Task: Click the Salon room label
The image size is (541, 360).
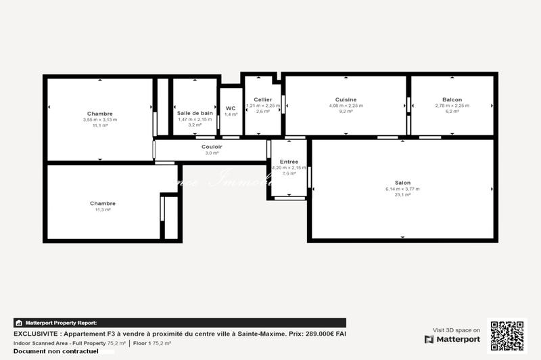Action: (402, 183)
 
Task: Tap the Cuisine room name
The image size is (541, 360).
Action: (346, 99)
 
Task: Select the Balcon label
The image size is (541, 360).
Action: (452, 99)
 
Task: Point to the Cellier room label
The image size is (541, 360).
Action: (262, 99)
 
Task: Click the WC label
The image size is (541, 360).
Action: (231, 108)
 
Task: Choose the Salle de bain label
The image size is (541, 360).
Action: (195, 113)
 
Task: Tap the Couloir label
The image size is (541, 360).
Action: (212, 147)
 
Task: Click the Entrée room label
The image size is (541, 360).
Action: (289, 162)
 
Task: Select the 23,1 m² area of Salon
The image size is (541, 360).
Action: (402, 195)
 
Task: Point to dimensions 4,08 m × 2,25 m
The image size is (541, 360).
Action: (346, 106)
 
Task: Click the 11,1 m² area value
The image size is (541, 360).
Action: (100, 125)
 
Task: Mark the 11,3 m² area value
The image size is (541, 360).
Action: (103, 210)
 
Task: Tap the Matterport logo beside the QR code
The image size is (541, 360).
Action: (452, 339)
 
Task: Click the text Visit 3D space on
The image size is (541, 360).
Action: (456, 330)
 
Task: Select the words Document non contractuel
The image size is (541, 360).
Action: (55, 351)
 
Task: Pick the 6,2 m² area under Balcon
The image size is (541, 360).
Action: (452, 112)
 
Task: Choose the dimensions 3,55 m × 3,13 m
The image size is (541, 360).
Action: (100, 120)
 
